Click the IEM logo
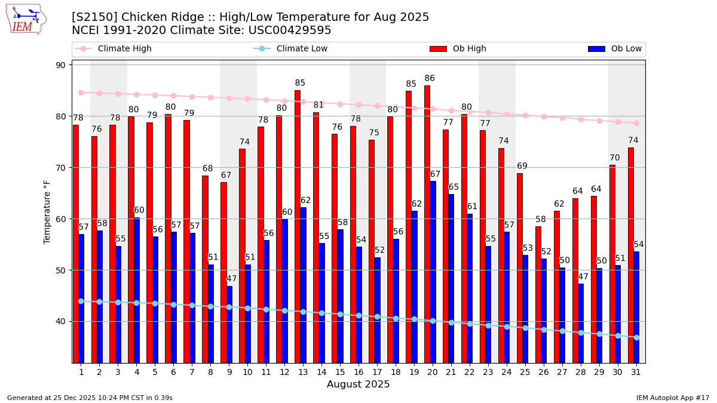click(x=26, y=19)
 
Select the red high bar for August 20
click(x=427, y=224)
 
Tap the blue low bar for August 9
click(x=229, y=324)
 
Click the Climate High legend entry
click(x=114, y=49)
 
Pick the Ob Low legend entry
click(x=615, y=49)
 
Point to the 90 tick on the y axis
click(x=60, y=65)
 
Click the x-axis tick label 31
click(x=636, y=372)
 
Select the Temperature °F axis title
click(x=48, y=211)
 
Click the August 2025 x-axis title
click(x=358, y=385)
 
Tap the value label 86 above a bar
click(x=430, y=79)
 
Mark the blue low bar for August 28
click(x=581, y=323)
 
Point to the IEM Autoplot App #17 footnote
click(x=673, y=398)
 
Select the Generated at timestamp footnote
click(x=90, y=398)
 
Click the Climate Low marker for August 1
click(x=81, y=301)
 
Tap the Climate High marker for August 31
click(x=636, y=123)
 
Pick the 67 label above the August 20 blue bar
click(x=435, y=174)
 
